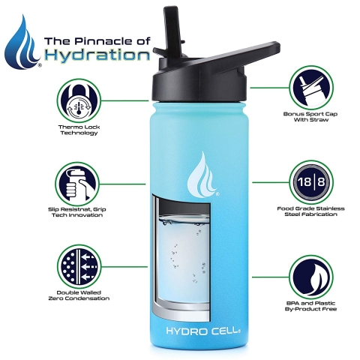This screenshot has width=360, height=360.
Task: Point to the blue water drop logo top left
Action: click(22, 43)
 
